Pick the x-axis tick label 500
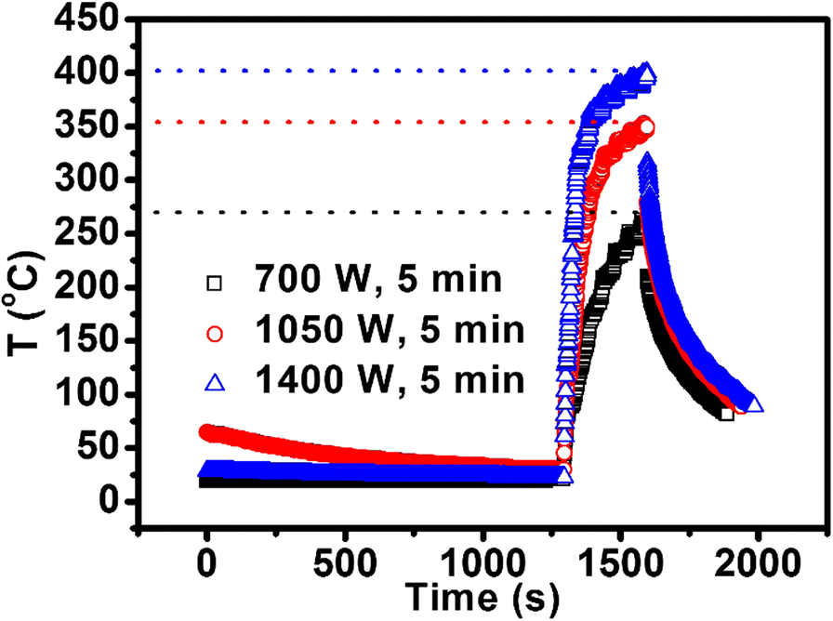pyautogui.click(x=345, y=562)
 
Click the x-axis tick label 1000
pyautogui.click(x=483, y=562)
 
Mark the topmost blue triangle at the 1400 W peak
pyautogui.click(x=647, y=73)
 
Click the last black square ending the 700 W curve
pyautogui.click(x=727, y=414)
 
